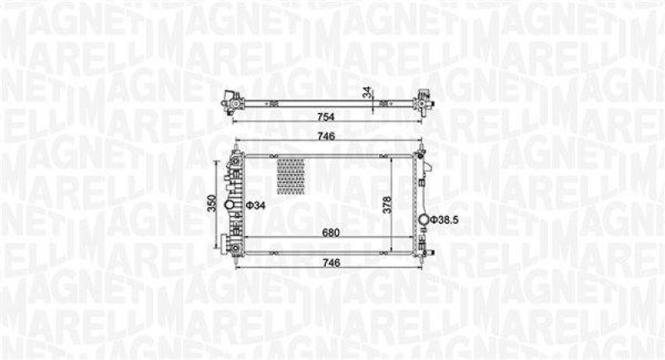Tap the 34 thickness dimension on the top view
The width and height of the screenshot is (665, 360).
tap(363, 93)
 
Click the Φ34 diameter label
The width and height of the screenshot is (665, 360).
tap(255, 205)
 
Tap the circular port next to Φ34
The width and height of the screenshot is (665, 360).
tap(239, 204)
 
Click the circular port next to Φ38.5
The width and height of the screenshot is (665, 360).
tap(431, 219)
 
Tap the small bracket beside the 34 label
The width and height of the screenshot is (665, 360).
tap(385, 103)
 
